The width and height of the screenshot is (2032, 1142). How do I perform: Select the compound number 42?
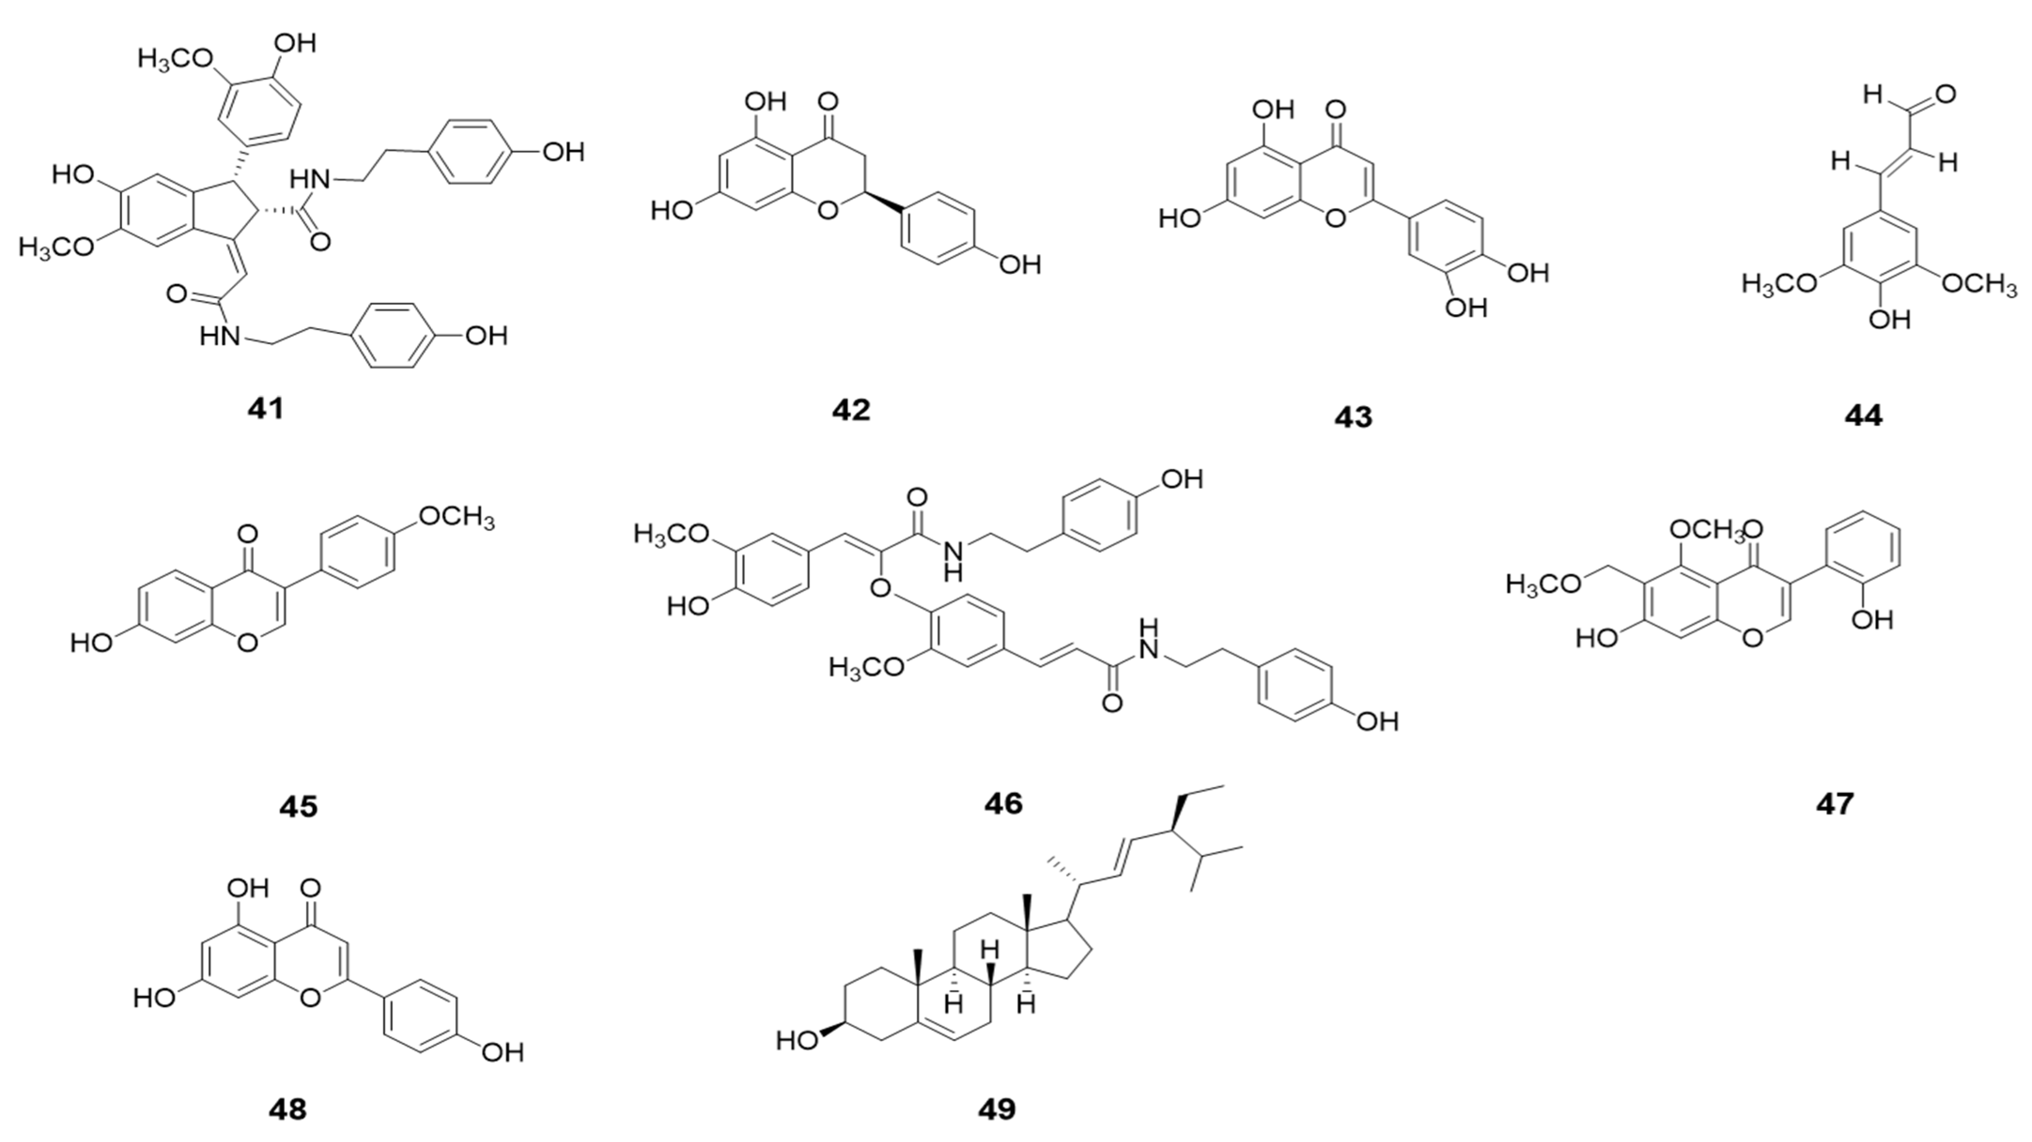tap(850, 410)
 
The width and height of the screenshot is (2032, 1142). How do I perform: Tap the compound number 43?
tap(1353, 417)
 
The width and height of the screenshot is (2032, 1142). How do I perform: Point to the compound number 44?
tap(1863, 415)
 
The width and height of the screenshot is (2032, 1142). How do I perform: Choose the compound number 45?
tap(298, 806)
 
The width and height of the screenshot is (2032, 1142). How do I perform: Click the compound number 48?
tap(287, 1109)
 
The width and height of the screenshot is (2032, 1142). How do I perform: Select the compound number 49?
tap(997, 1109)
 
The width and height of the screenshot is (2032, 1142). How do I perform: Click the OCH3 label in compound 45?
tap(456, 517)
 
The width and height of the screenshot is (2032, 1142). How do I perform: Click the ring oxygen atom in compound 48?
tap(311, 998)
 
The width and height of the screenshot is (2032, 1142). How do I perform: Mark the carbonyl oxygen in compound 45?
tap(247, 535)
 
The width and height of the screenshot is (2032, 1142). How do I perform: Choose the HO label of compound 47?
tap(1597, 637)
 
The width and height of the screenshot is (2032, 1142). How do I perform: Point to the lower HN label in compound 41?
tap(219, 337)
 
